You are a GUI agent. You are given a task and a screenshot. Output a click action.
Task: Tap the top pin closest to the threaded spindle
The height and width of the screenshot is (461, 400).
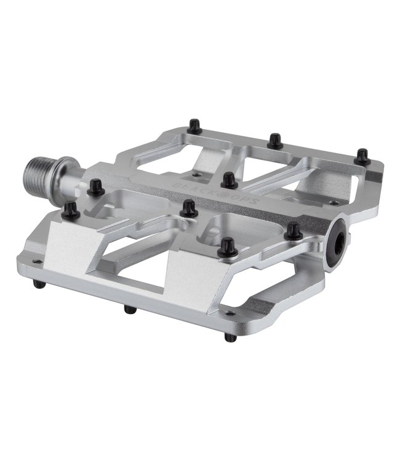(x=95, y=187)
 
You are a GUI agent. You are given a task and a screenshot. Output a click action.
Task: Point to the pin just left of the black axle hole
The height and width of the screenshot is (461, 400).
(x=294, y=231)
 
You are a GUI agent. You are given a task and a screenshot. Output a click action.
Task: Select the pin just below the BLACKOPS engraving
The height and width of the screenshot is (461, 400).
(x=189, y=208)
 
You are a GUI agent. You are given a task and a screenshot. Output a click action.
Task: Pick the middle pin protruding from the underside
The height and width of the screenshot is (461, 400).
(x=130, y=309)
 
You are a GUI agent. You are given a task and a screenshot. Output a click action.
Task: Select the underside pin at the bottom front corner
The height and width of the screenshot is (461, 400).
(x=230, y=337)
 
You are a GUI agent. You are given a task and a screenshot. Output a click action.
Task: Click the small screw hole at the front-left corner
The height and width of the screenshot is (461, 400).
(x=35, y=262)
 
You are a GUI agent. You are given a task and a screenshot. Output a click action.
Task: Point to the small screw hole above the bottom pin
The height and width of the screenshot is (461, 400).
(x=229, y=313)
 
